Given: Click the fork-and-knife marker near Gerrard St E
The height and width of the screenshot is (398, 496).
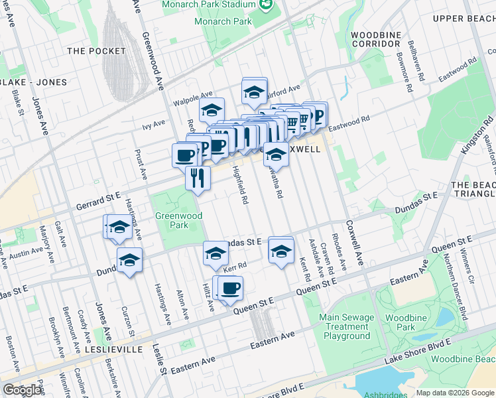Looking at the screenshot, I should [x=198, y=177].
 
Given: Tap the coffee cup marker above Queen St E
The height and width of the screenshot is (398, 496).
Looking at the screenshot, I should [x=230, y=289].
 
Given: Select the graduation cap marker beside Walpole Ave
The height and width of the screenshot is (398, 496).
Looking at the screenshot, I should [x=212, y=110].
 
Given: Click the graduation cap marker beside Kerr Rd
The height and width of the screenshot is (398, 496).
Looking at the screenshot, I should [x=216, y=253].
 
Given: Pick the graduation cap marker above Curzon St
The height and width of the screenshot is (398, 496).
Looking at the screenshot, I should [x=130, y=259].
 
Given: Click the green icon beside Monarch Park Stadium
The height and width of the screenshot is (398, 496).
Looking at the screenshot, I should [x=266, y=4].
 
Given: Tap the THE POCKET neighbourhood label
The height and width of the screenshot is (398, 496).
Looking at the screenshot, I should [x=96, y=51].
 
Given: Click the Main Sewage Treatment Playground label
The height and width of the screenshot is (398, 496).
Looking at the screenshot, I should [x=347, y=326].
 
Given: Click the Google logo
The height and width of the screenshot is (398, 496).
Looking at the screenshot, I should [x=23, y=391].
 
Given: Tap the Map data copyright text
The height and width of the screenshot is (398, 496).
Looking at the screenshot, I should [x=455, y=393].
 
